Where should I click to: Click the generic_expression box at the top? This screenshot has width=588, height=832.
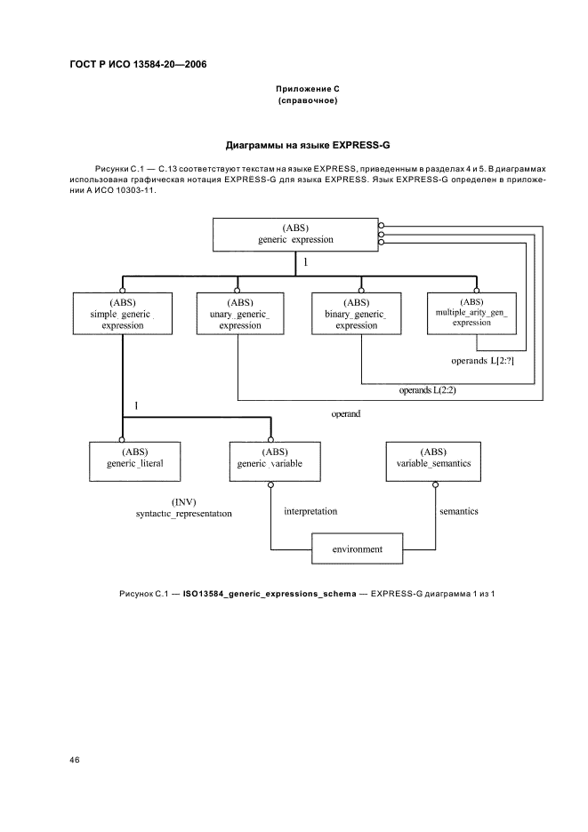pyautogui.click(x=295, y=234)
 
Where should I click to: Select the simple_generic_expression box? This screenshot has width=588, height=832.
pyautogui.click(x=121, y=313)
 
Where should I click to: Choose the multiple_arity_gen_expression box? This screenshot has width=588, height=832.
pyautogui.click(x=471, y=312)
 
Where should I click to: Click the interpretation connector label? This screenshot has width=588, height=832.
pyautogui.click(x=310, y=511)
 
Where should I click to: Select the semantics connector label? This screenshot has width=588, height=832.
pyautogui.click(x=459, y=511)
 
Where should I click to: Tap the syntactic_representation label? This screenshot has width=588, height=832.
pyautogui.click(x=184, y=514)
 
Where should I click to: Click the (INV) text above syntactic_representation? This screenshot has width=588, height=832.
pyautogui.click(x=184, y=500)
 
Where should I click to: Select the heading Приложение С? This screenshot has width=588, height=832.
pyautogui.click(x=307, y=90)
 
